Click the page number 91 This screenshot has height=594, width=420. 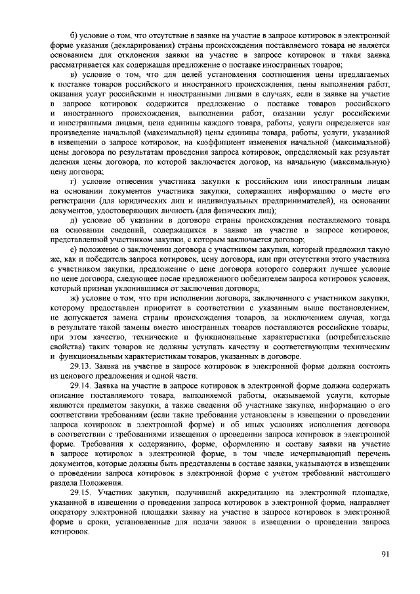click(x=385, y=554)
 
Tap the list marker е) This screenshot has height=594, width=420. click(x=73, y=253)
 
